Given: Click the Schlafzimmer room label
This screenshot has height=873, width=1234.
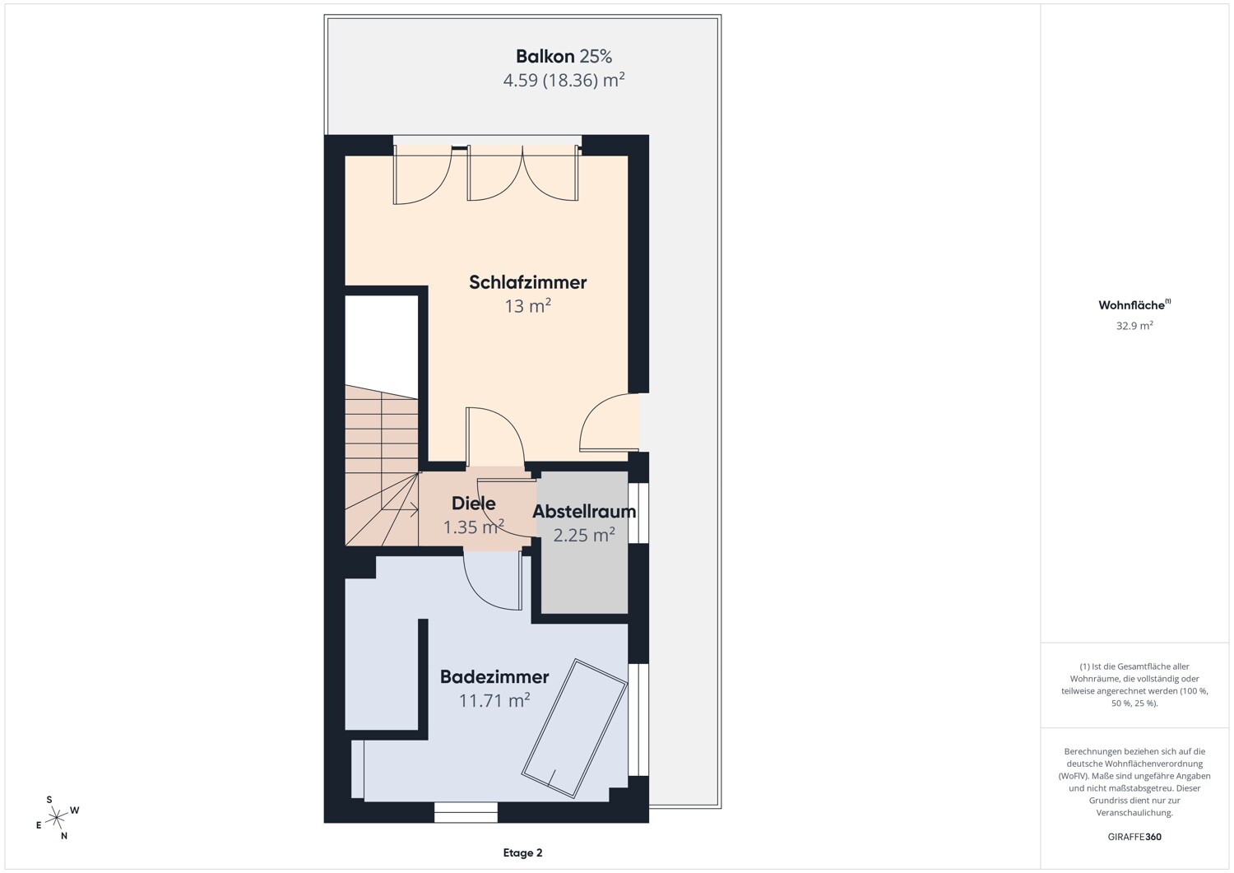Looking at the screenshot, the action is (528, 282).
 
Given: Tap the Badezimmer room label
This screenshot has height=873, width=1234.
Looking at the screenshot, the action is (494, 677).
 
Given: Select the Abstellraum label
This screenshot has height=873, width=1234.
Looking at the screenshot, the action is (584, 512).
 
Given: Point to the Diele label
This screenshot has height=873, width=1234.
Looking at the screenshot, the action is (473, 504).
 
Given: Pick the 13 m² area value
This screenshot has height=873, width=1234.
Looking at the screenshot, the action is (528, 306).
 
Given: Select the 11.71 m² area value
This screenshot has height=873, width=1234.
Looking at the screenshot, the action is (494, 700).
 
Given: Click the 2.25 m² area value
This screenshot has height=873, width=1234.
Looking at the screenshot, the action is (584, 535).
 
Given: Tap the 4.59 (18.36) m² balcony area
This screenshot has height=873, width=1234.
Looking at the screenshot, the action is (564, 81).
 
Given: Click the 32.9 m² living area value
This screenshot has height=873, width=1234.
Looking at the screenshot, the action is (1134, 326).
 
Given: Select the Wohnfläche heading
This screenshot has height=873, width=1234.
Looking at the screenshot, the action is (1134, 304).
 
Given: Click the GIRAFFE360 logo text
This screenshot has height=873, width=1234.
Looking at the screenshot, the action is (1134, 837).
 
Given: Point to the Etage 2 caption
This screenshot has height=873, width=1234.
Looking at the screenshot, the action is (522, 852).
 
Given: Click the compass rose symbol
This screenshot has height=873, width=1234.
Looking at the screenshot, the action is (57, 818).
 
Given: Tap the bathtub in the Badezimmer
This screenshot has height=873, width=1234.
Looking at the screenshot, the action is (574, 728).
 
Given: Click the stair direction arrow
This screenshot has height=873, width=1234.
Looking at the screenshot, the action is (400, 510).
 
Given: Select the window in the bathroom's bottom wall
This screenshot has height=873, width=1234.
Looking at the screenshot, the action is (466, 812).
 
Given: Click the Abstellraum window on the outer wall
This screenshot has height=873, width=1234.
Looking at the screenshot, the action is (638, 513).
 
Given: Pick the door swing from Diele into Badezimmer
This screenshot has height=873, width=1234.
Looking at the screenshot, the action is (493, 581).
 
